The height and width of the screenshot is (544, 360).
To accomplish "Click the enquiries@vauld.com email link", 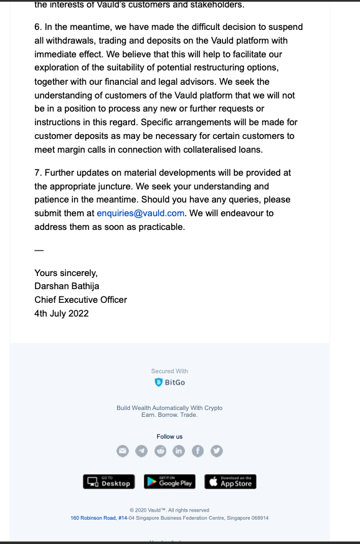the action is pyautogui.click(x=141, y=213).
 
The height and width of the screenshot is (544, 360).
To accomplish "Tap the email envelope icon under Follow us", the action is pyautogui.click(x=123, y=451).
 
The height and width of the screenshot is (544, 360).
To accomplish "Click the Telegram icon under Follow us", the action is pyautogui.click(x=141, y=451).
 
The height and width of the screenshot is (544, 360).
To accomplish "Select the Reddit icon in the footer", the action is pyautogui.click(x=160, y=451).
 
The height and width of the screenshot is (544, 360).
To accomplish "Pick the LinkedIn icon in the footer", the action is pyautogui.click(x=179, y=451).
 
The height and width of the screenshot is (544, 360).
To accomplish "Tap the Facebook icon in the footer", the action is pyautogui.click(x=197, y=451).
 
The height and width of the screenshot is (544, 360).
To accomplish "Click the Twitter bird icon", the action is pyautogui.click(x=216, y=451).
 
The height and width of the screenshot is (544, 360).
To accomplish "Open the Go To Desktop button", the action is pyautogui.click(x=108, y=482).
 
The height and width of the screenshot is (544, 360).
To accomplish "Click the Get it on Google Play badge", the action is pyautogui.click(x=169, y=482).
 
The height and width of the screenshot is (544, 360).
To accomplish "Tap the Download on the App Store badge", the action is pyautogui.click(x=230, y=482).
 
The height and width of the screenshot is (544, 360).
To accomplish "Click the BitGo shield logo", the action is pyautogui.click(x=159, y=382).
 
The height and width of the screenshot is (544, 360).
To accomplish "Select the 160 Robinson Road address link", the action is pyautogui.click(x=99, y=518).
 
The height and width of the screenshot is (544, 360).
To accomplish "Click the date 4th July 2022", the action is pyautogui.click(x=62, y=313).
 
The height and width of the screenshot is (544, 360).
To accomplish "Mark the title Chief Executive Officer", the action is pyautogui.click(x=80, y=300).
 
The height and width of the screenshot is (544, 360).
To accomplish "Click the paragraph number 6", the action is pyautogui.click(x=37, y=27).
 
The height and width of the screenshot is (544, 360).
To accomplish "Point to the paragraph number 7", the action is pyautogui.click(x=37, y=173).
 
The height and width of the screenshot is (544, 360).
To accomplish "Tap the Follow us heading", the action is pyautogui.click(x=169, y=437).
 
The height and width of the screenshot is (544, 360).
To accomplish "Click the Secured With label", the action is pyautogui.click(x=169, y=371).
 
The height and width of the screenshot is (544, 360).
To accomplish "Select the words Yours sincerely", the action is pyautogui.click(x=66, y=273).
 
